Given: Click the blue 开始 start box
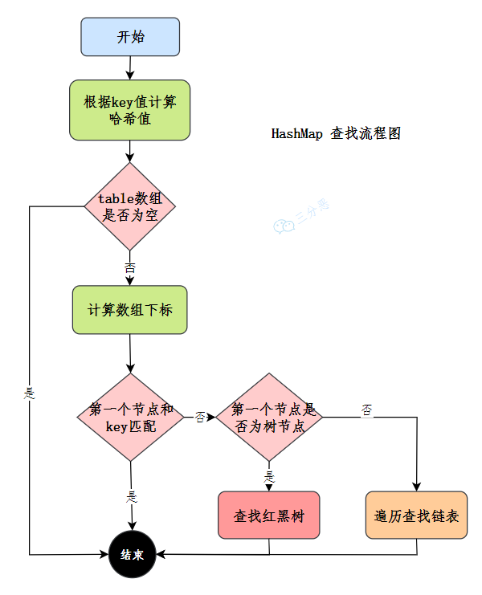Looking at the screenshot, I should point(130,37).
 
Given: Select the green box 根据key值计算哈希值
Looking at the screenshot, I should point(130,110).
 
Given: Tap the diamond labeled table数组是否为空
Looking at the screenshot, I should point(129,206).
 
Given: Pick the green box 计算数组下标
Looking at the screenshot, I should point(129,310).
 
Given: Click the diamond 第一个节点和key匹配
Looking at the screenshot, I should point(130,418).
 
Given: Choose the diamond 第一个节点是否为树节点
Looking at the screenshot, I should point(269,418).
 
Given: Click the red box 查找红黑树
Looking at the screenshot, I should point(269,516).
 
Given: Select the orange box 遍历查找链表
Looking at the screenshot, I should point(416,516).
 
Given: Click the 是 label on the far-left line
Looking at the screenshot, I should point(31,394).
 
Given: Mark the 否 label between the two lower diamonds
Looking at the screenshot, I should point(200,418).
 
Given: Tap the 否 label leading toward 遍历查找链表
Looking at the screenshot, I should point(366,411).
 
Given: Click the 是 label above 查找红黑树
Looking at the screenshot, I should point(269,475).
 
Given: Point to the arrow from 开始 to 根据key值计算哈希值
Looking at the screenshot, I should point(130,67).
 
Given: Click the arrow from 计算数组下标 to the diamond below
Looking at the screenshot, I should point(130,353).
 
